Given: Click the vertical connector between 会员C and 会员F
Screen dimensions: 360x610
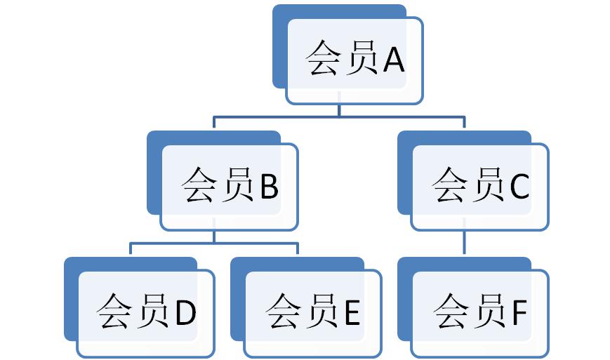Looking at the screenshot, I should tap(464, 244).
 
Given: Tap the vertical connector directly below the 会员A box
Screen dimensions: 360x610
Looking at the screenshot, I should tap(339, 111).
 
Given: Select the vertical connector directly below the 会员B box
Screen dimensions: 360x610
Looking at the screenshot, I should tap(214, 236).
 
